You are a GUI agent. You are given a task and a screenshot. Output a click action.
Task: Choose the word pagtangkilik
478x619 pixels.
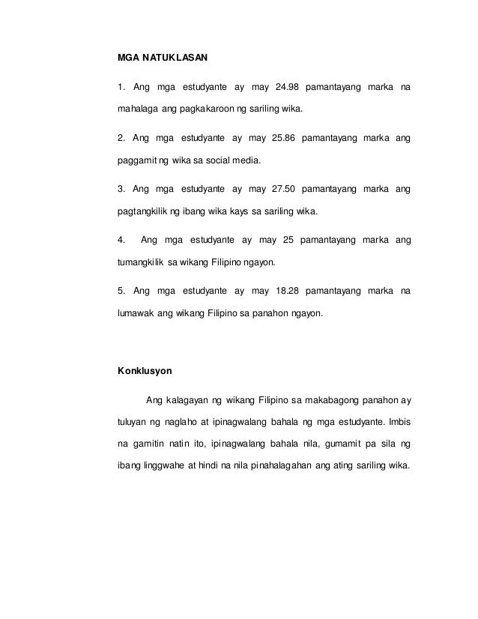click(x=143, y=211)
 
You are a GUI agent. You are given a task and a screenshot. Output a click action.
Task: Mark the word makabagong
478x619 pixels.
click(x=330, y=398)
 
